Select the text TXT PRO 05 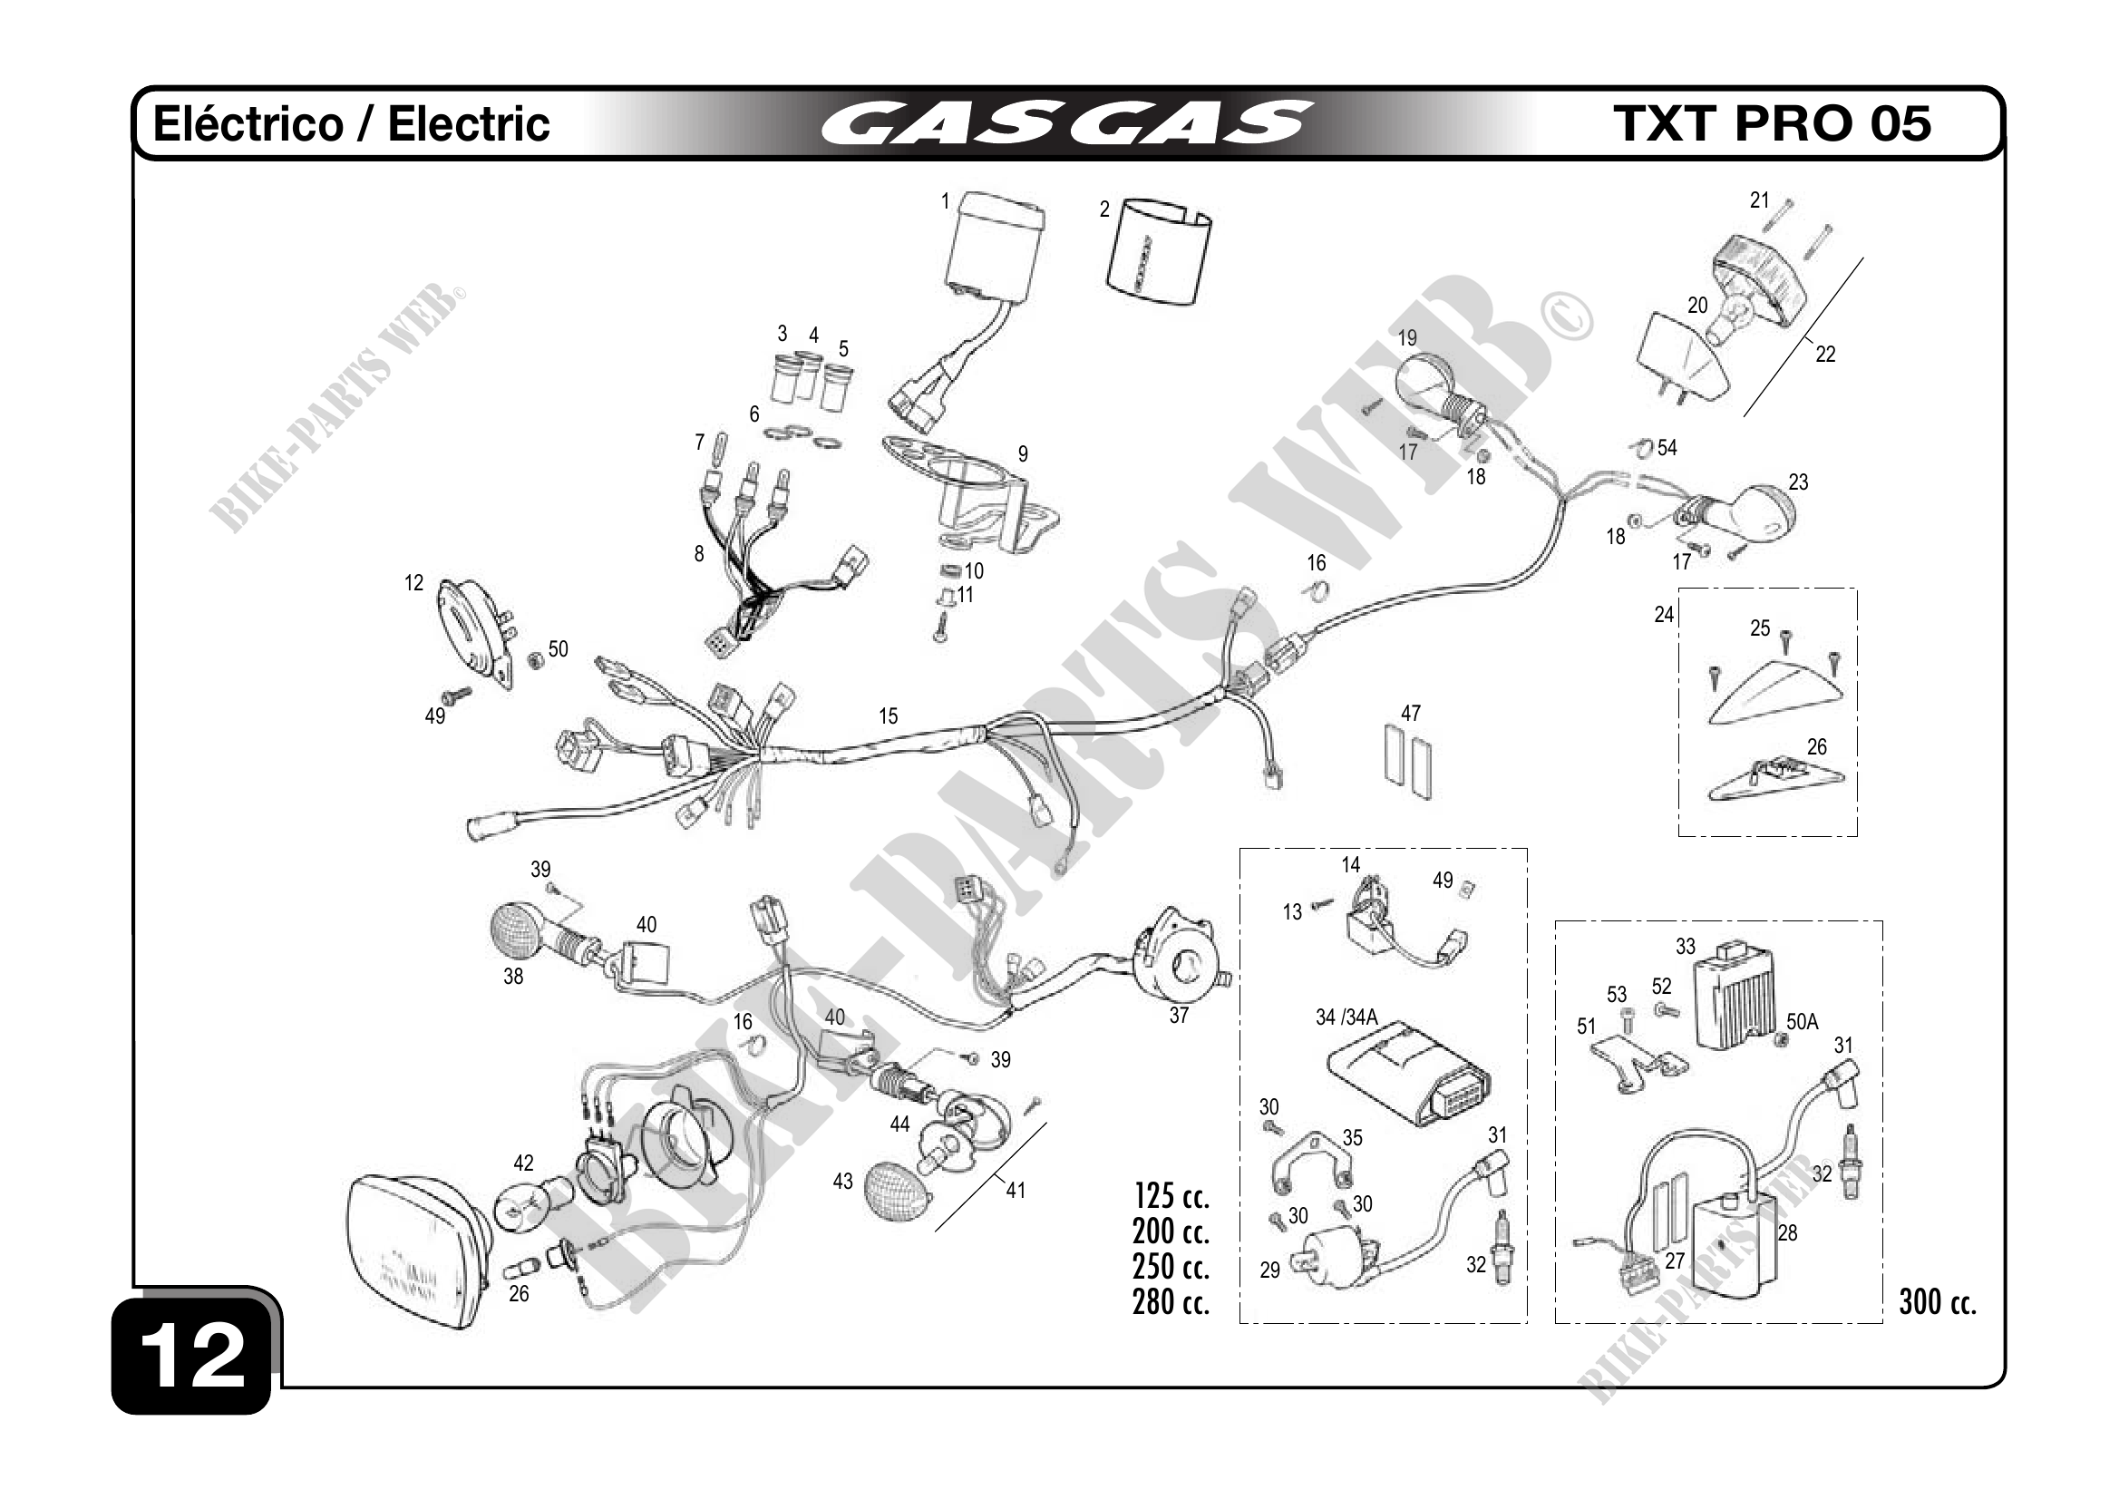pos(1771,123)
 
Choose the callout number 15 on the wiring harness pos(888,716)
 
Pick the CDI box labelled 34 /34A pos(1407,1073)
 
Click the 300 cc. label pos(1937,1302)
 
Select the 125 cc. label pos(1171,1196)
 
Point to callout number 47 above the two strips pos(1410,714)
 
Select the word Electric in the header pos(469,124)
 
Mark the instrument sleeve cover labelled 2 pos(1157,254)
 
